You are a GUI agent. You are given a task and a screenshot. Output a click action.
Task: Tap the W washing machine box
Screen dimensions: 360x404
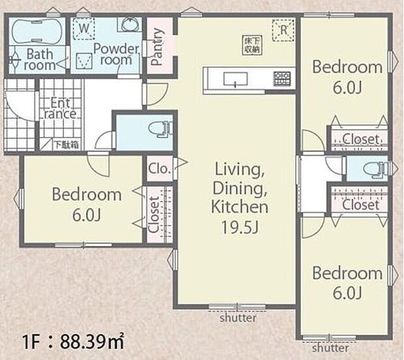[83, 29]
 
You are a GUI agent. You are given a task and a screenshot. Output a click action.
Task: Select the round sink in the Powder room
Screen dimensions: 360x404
[128, 26]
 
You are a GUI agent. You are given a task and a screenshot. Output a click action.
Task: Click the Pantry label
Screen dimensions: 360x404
[157, 47]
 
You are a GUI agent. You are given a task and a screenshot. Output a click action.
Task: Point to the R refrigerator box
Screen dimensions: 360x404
[283, 30]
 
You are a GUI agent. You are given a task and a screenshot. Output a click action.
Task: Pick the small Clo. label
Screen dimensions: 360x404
[160, 169]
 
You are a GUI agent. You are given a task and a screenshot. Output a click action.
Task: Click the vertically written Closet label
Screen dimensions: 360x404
[152, 215]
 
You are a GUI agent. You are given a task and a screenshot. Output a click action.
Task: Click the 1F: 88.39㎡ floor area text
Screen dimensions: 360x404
[65, 340]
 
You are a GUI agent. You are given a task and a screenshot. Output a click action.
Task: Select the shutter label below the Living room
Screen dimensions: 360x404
[238, 318]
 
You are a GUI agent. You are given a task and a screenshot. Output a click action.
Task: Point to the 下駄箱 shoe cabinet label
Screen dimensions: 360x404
[66, 145]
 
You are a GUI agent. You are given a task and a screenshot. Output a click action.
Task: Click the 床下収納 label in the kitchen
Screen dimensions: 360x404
[253, 43]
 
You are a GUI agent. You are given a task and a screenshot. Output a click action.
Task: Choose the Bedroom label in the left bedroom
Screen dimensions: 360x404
[87, 194]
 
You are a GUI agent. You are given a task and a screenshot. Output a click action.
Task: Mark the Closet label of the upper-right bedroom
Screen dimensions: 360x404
[360, 139]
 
